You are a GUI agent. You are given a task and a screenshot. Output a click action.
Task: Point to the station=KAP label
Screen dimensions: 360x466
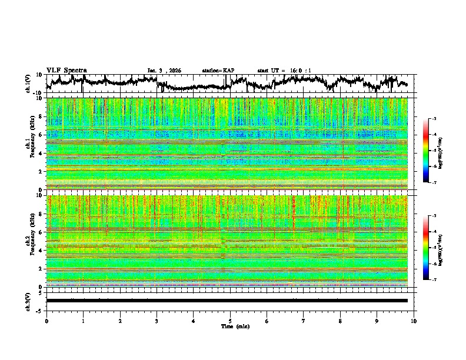pyautogui.click(x=218, y=71)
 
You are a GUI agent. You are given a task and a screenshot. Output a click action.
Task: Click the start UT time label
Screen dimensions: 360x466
pyautogui.click(x=284, y=71)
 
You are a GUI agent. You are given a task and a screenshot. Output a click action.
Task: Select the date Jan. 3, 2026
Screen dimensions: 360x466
pyautogui.click(x=164, y=71)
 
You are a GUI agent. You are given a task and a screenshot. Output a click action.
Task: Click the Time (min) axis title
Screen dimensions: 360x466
pyautogui.click(x=235, y=326)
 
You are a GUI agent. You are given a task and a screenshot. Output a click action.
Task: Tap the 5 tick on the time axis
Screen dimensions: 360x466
pyautogui.click(x=230, y=321)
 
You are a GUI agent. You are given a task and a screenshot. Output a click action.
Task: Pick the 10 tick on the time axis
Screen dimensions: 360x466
pyautogui.click(x=414, y=321)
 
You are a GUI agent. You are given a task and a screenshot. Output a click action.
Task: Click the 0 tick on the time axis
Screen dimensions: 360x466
pyautogui.click(x=46, y=321)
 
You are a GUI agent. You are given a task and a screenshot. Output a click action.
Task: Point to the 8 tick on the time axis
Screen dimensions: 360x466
pyautogui.click(x=340, y=321)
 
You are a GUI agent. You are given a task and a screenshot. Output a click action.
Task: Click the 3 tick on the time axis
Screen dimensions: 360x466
pyautogui.click(x=157, y=321)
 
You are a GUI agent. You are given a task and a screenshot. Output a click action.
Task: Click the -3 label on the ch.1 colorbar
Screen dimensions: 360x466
pyautogui.click(x=434, y=119)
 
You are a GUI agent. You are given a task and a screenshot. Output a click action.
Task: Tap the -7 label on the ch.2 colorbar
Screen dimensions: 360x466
pyautogui.click(x=434, y=280)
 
